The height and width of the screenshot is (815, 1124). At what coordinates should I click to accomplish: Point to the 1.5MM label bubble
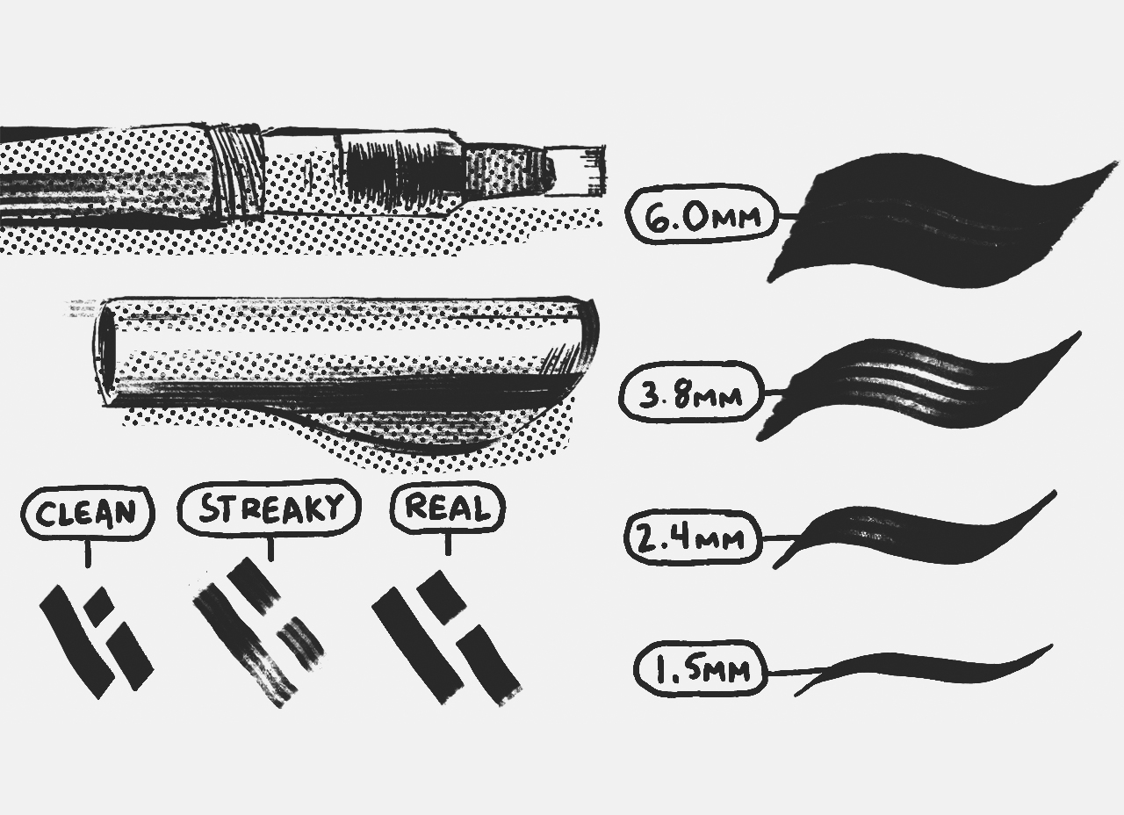tap(700, 669)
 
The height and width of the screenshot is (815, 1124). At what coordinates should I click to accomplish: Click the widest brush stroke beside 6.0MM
tap(931, 220)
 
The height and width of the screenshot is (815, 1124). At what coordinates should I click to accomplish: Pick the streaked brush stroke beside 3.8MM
tap(913, 386)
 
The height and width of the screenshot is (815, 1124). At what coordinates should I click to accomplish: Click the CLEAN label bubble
tap(87, 512)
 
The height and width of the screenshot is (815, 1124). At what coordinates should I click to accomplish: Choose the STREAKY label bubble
tap(269, 508)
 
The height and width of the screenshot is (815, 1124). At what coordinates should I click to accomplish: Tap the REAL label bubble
tap(448, 508)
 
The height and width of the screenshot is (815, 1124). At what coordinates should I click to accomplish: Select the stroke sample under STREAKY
tap(256, 631)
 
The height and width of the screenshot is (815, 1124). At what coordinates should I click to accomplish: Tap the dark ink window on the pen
tap(400, 169)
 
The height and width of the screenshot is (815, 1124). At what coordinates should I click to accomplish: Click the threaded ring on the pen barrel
tap(237, 170)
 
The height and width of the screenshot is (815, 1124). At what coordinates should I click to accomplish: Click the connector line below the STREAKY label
tap(270, 548)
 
